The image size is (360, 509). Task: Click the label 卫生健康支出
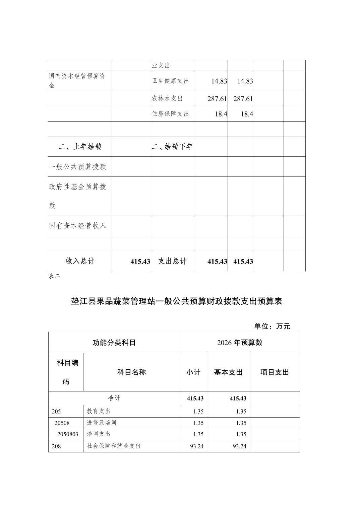click(171, 81)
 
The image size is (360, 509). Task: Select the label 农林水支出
click(167, 98)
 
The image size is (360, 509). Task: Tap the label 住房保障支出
click(171, 114)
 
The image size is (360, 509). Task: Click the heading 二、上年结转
click(80, 147)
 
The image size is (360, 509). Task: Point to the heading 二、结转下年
click(172, 147)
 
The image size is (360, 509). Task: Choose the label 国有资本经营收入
click(78, 226)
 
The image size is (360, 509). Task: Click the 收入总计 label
click(80, 261)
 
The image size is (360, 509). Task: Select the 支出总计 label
click(172, 261)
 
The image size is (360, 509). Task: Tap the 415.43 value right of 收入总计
click(140, 261)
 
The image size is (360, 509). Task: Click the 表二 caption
click(54, 276)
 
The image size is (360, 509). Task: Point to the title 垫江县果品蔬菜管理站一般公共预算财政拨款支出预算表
click(177, 301)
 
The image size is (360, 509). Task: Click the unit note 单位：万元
click(272, 326)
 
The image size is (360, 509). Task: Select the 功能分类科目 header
click(114, 343)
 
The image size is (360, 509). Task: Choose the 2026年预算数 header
click(240, 343)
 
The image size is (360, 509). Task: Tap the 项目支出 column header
click(275, 372)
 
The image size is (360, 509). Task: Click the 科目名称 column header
click(131, 372)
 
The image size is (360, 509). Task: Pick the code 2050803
click(68, 434)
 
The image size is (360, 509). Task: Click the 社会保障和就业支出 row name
click(114, 446)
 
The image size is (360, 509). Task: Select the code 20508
click(62, 423)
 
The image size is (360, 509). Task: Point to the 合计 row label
click(114, 398)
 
